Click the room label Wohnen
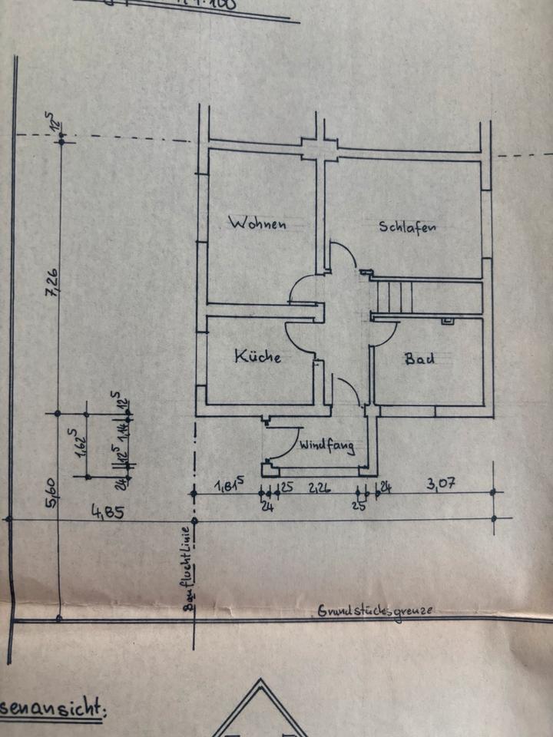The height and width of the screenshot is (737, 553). [x=257, y=223]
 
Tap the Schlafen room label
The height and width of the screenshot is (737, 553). [x=407, y=226]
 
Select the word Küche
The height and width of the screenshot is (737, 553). [x=257, y=356]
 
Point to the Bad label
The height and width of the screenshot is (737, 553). [x=419, y=357]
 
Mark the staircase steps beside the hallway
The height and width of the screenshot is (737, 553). [x=393, y=296]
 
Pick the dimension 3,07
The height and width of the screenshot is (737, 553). [x=441, y=484]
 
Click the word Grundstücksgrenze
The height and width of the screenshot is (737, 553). [x=375, y=611]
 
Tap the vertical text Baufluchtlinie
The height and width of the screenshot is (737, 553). [x=187, y=567]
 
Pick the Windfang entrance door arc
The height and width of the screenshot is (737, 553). [x=289, y=444]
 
